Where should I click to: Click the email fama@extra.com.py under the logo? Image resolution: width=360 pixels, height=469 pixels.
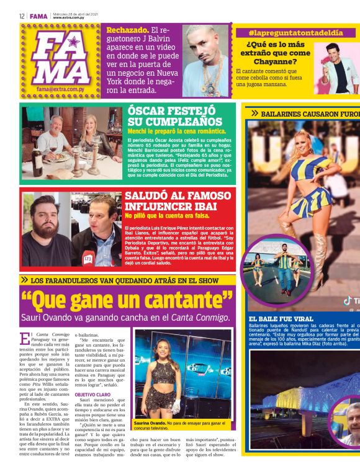[60, 89]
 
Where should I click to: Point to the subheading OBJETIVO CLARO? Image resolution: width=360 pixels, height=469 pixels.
[94, 394]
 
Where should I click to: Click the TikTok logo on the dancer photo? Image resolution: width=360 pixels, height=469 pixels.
[349, 300]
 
